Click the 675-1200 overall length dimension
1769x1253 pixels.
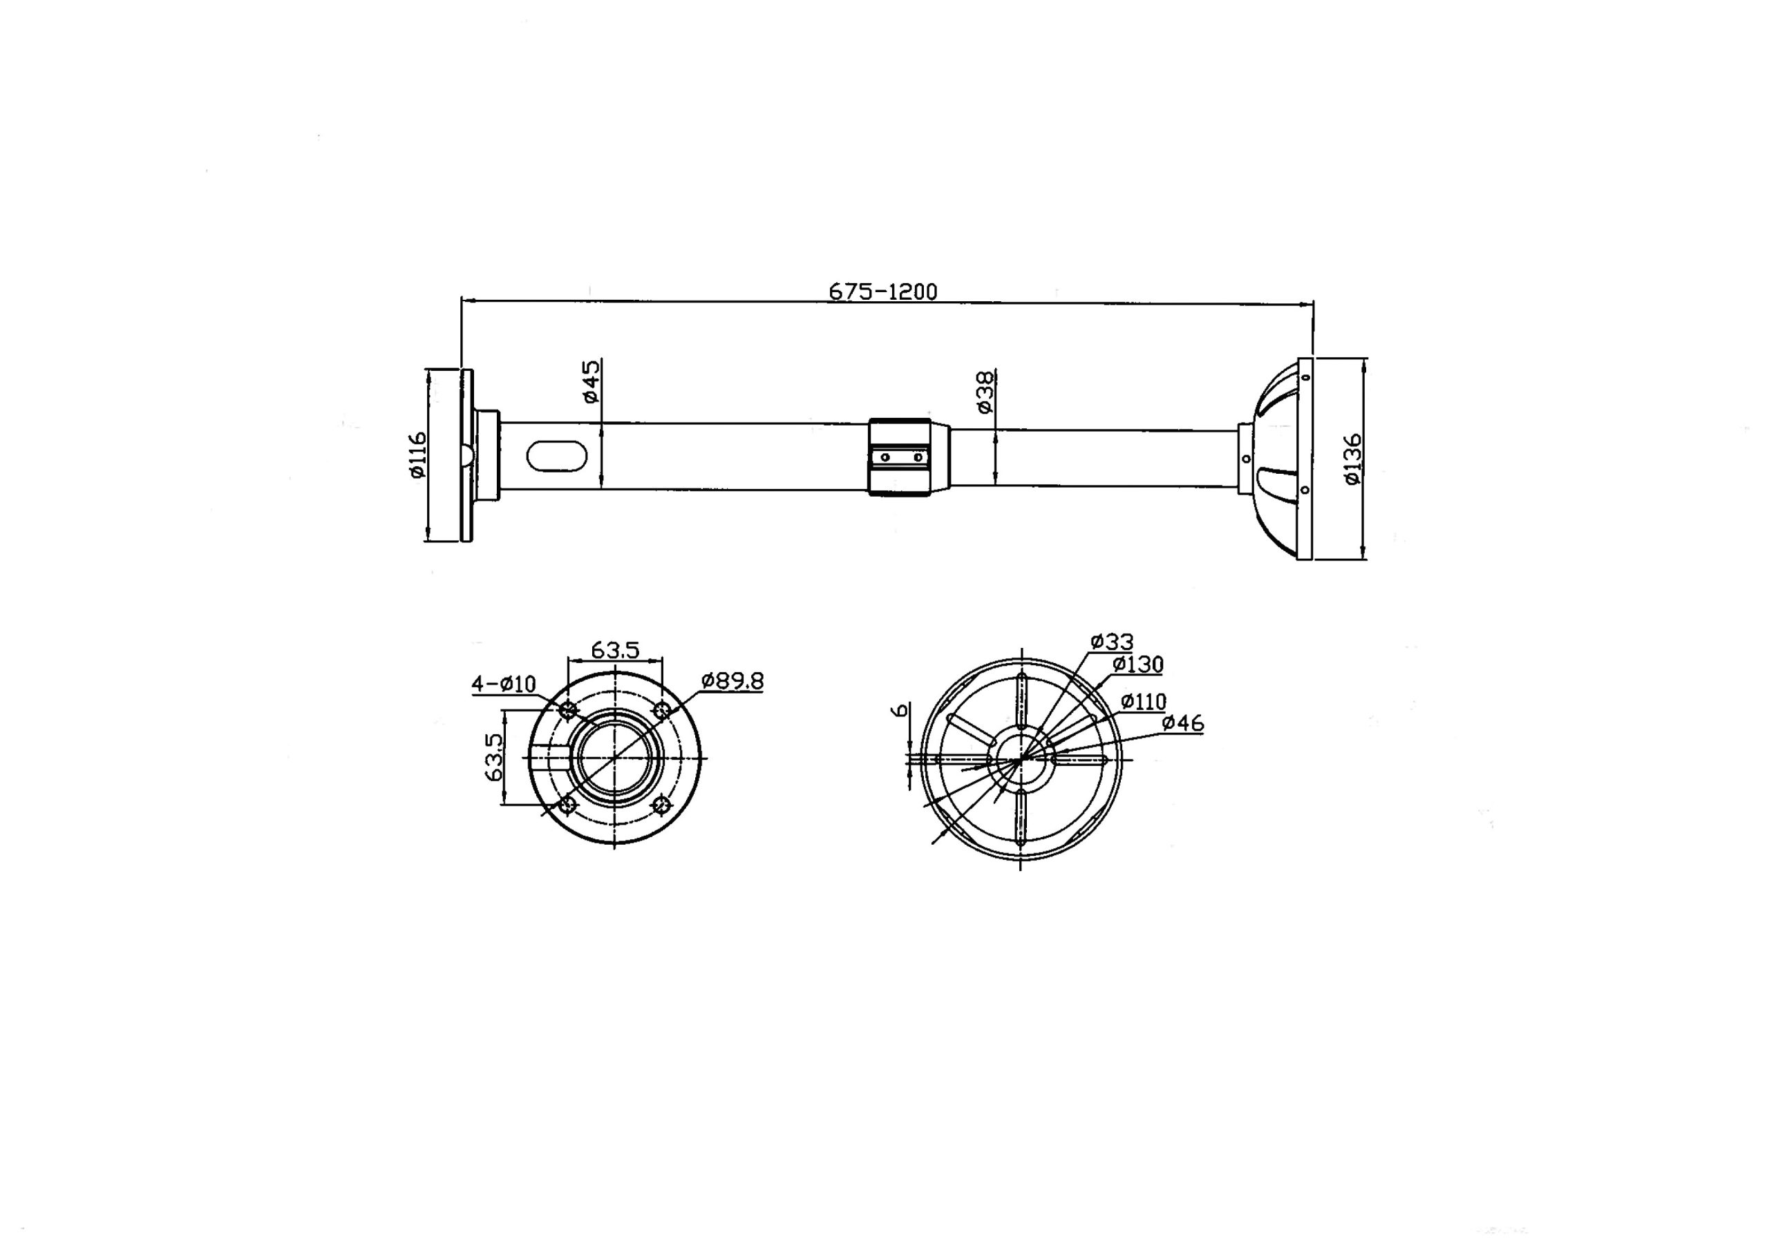[883, 291]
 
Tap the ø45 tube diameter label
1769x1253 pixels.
[590, 381]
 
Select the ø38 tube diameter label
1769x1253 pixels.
[985, 392]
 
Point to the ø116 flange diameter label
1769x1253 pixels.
[417, 455]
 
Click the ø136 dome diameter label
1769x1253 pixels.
[1353, 460]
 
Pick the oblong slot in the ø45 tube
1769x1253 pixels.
[556, 455]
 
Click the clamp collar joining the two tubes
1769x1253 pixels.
[900, 457]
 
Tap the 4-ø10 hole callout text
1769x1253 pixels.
[503, 684]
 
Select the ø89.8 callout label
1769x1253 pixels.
[732, 680]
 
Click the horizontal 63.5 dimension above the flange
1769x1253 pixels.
[615, 650]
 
